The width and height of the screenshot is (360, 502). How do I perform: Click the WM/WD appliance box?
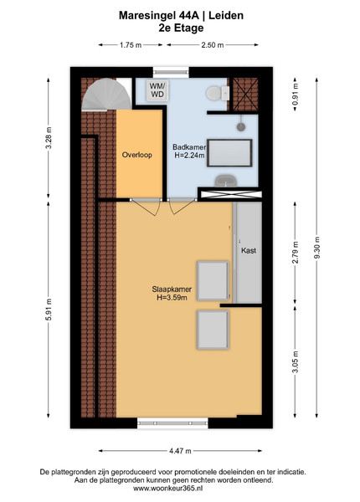click(x=157, y=90)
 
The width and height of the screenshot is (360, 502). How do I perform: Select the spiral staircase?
click(x=106, y=94)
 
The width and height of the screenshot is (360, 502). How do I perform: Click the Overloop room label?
click(x=136, y=155)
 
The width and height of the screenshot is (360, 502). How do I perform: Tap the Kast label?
click(x=249, y=250)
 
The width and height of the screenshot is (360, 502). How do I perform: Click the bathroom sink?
click(x=226, y=181)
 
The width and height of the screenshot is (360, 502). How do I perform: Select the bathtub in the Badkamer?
click(x=229, y=153)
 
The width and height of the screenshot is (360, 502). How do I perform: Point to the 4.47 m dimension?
click(x=180, y=451)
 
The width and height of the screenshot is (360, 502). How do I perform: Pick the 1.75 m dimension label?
click(x=131, y=45)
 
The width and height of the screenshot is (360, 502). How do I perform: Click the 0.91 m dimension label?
click(x=296, y=94)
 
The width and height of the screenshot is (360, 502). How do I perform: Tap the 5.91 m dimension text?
click(x=49, y=310)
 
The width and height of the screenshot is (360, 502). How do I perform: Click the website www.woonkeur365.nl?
click(x=167, y=489)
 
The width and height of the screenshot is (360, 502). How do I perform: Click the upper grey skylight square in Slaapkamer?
click(x=213, y=281)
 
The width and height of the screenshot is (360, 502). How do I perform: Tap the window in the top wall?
click(x=171, y=72)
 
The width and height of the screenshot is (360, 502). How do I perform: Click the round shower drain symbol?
click(x=241, y=127)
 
